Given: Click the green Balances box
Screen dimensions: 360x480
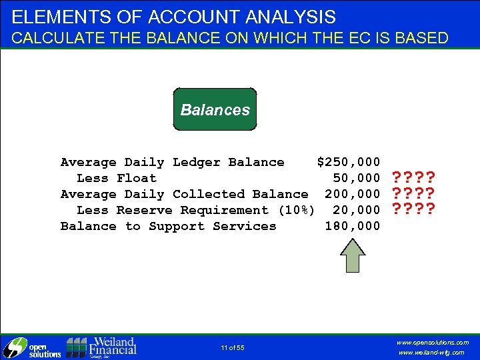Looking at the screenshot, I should coord(215,109).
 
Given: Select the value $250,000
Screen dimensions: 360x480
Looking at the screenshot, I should coord(349,162).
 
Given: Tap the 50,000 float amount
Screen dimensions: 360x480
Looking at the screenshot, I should coord(357,178).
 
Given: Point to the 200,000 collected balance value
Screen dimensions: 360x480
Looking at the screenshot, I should coord(353,194).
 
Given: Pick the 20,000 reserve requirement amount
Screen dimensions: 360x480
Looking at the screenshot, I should coord(357,210).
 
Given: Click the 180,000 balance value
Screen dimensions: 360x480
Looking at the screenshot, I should coord(353,226).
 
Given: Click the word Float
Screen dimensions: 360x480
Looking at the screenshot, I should coord(137,178).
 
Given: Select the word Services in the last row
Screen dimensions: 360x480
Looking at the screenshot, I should coord(245,226).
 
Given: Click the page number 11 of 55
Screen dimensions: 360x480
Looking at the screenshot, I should coord(233,348).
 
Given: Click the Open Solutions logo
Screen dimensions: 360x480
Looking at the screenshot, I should coord(31,347).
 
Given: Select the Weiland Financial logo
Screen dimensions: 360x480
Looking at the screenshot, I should coord(102,347).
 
